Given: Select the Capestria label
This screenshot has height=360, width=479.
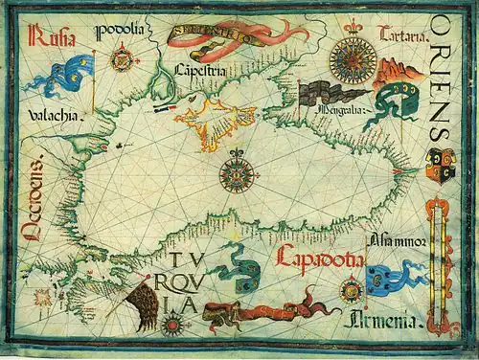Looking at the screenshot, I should [200, 69].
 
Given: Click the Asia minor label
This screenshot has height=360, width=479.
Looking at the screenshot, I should [394, 239].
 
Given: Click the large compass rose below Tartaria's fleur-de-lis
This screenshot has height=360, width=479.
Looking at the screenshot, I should [353, 60].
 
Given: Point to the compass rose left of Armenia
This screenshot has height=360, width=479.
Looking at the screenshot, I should [350, 288].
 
